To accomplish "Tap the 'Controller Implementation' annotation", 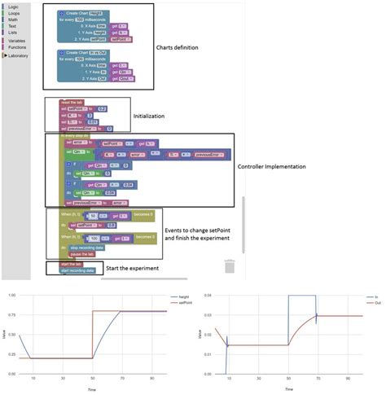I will (x=273, y=167).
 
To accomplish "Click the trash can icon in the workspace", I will (x=230, y=266).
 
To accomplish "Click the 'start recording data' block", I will (x=78, y=270).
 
